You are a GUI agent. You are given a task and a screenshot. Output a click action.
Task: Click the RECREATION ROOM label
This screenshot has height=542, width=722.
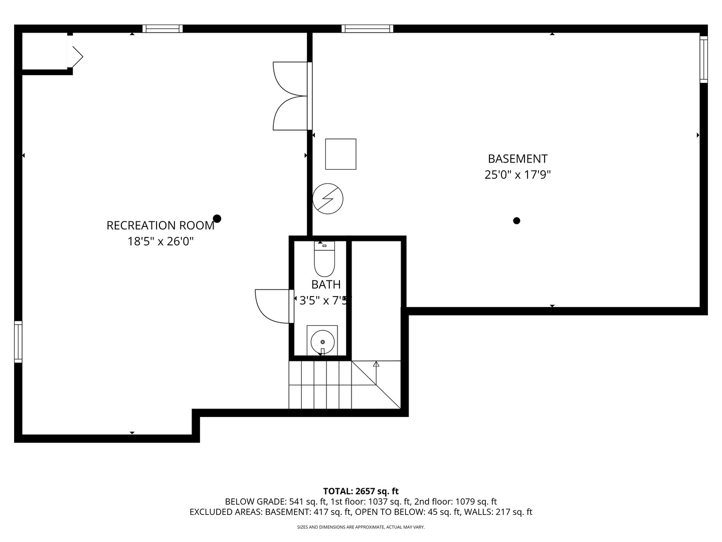coord(160,225)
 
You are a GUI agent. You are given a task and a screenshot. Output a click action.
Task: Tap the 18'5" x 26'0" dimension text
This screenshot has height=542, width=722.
coord(160,241)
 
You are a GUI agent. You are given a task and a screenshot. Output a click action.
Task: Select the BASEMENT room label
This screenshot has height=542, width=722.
coord(517,159)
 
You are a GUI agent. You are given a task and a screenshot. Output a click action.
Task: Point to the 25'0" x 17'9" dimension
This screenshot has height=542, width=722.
coord(517,175)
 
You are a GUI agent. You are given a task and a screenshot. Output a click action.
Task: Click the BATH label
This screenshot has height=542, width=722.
coord(326,285)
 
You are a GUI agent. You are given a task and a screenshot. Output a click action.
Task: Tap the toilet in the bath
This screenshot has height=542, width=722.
coord(324,259)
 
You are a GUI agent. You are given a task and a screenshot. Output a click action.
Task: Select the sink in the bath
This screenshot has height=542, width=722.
coord(322,341)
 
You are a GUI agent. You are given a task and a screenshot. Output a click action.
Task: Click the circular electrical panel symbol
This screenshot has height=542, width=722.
coord(328,199)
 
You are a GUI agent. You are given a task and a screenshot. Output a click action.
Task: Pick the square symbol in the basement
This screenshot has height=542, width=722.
coord(341,154)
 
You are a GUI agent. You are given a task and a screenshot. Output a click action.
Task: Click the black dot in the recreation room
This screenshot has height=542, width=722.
coord(217,218)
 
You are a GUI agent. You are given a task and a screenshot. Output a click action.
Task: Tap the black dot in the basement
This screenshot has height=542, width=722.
coord(516,220)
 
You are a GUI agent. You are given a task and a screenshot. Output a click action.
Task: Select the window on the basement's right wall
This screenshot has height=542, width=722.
coord(703,60)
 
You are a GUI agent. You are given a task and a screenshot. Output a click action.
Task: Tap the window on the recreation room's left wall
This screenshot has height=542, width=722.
coord(18,341)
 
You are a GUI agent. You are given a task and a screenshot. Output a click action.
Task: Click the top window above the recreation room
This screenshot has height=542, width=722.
coord(162,29)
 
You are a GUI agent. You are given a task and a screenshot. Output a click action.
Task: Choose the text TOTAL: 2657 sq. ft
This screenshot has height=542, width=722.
coord(360,491)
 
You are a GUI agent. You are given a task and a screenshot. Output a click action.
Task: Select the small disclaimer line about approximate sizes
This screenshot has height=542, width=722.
coord(360,527)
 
